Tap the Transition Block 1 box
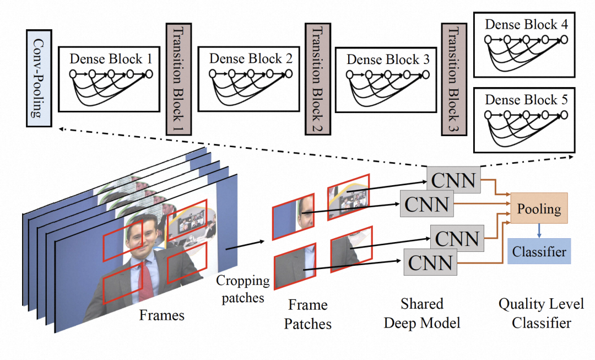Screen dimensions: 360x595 point(177,78)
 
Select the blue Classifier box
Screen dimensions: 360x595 point(539,252)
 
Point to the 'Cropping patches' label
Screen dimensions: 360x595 point(243,288)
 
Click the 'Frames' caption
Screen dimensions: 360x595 point(162,315)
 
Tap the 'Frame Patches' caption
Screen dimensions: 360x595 point(307,314)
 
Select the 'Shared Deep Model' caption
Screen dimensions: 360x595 point(421,313)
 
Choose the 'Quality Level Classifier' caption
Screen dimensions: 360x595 point(541,313)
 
